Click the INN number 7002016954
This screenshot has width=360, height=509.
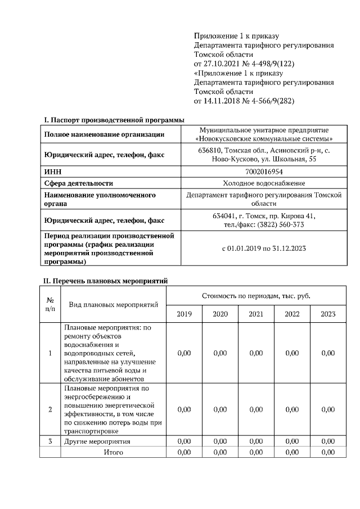pyautogui.click(x=264, y=171)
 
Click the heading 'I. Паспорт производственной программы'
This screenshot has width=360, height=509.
pyautogui.click(x=114, y=119)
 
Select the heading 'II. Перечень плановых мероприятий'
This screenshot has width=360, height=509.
pyautogui.click(x=106, y=280)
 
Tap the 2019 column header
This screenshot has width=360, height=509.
pyautogui.click(x=184, y=314)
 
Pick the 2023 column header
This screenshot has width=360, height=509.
pyautogui.click(x=328, y=314)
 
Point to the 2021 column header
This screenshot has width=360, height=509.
pyautogui.click(x=256, y=314)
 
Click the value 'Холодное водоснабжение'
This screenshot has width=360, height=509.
pyautogui.click(x=264, y=183)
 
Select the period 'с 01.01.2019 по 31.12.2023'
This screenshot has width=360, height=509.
pyautogui.click(x=264, y=247)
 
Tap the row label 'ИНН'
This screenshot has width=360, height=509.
pyautogui.click(x=52, y=171)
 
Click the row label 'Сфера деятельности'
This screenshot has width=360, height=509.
pyautogui.click(x=79, y=183)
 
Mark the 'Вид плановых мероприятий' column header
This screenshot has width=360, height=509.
pyautogui.click(x=113, y=304)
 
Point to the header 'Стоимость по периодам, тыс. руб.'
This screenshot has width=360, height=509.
pyautogui.click(x=256, y=295)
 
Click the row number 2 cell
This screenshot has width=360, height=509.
pyautogui.click(x=50, y=409)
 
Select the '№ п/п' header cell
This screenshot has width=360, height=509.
pyautogui.click(x=50, y=304)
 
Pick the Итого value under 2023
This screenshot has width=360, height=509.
pyautogui.click(x=328, y=452)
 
